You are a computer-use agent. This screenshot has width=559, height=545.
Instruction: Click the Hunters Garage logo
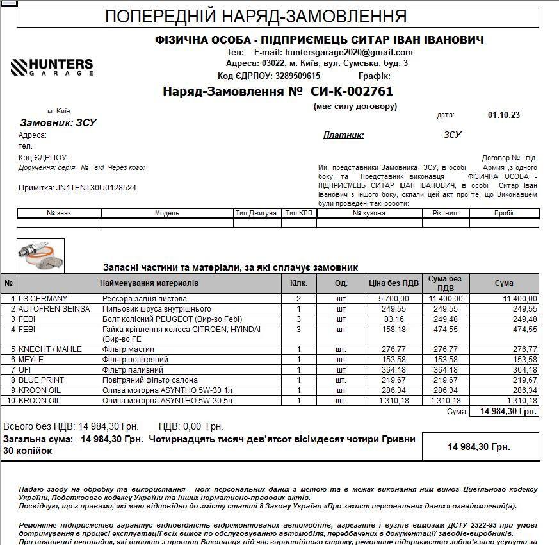(52, 67)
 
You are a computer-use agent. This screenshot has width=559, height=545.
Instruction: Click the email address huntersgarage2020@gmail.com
(333, 52)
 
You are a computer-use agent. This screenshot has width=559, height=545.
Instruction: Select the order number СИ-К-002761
(352, 91)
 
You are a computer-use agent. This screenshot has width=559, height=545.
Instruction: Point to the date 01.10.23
(503, 115)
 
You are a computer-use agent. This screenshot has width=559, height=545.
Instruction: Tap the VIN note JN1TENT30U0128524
(96, 188)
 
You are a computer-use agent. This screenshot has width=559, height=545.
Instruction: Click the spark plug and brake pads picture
(40, 255)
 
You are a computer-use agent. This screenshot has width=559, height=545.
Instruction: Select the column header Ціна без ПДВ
(394, 283)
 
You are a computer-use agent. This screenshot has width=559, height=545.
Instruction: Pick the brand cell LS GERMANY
(43, 299)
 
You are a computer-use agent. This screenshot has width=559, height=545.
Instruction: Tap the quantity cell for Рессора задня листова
(298, 299)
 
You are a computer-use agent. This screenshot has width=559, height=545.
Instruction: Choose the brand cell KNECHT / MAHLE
(51, 349)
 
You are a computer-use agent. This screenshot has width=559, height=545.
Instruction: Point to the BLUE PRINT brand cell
(41, 380)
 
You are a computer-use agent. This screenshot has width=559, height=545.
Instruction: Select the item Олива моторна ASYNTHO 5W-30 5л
(166, 401)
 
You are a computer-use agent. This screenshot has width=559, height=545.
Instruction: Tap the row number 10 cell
(10, 401)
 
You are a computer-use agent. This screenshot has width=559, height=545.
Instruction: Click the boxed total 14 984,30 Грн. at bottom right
(479, 446)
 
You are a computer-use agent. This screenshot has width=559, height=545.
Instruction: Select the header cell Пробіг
(504, 213)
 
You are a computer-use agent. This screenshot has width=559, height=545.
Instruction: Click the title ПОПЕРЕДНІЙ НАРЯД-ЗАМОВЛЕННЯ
(255, 17)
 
